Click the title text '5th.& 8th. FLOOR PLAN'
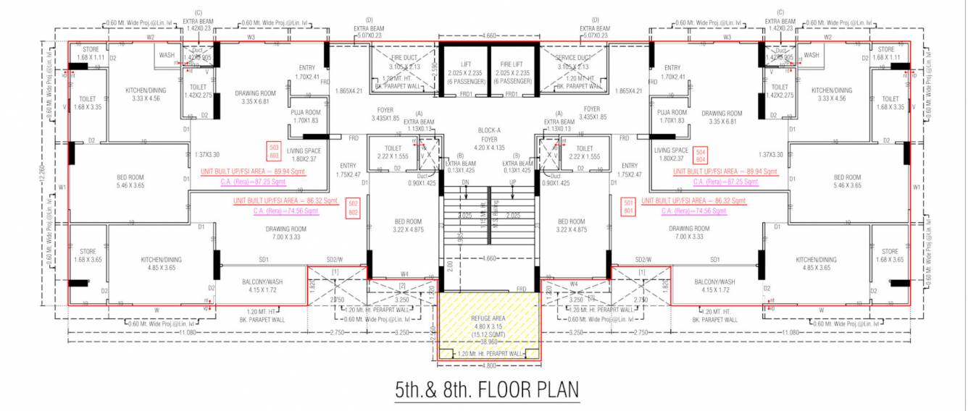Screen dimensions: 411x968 [487, 390]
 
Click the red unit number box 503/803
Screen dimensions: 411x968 [274, 151]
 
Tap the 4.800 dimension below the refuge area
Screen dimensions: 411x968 [487, 365]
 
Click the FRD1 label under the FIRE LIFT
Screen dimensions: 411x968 [512, 94]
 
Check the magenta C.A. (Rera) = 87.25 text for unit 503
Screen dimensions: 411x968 [251, 182]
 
